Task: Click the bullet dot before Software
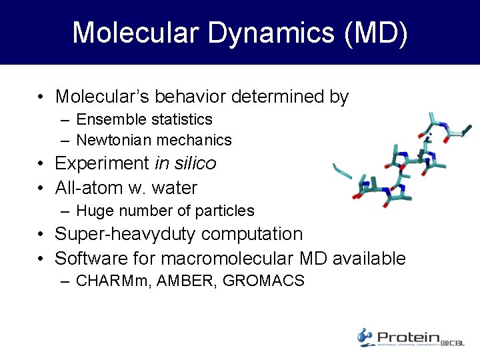[41, 259]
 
